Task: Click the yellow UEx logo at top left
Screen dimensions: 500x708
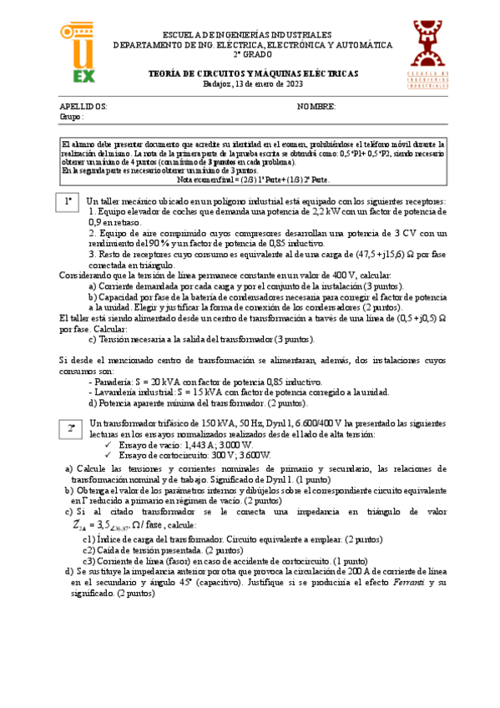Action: tap(78, 53)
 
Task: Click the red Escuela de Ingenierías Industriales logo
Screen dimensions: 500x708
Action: tap(430, 54)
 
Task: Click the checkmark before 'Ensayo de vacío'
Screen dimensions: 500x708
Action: tap(109, 445)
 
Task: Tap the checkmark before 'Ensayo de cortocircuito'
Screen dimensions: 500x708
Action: tap(109, 455)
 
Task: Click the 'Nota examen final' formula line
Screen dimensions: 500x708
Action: tap(254, 180)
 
